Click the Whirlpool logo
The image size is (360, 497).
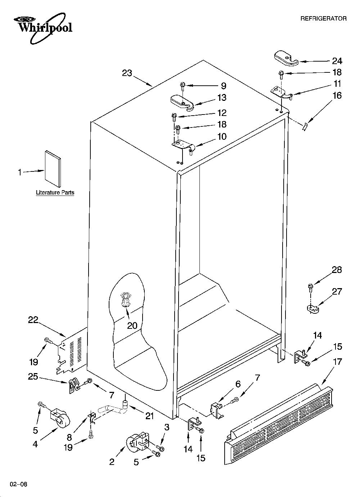pyautogui.click(x=43, y=28)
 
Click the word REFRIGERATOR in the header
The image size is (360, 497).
pyautogui.click(x=323, y=19)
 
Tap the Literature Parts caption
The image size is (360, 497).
pyautogui.click(x=55, y=192)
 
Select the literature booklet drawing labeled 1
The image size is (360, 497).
pyautogui.click(x=53, y=169)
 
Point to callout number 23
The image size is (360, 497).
pyautogui.click(x=127, y=73)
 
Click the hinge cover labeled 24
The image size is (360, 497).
pyautogui.click(x=286, y=58)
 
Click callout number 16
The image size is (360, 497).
pyautogui.click(x=337, y=96)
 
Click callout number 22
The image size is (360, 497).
pyautogui.click(x=33, y=320)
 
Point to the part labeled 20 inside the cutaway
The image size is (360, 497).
pyautogui.click(x=126, y=300)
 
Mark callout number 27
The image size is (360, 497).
pyautogui.click(x=337, y=291)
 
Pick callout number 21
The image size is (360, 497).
pyautogui.click(x=149, y=416)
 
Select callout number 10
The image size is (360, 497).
pyautogui.click(x=222, y=136)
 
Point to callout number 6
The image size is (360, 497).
pyautogui.click(x=238, y=384)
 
